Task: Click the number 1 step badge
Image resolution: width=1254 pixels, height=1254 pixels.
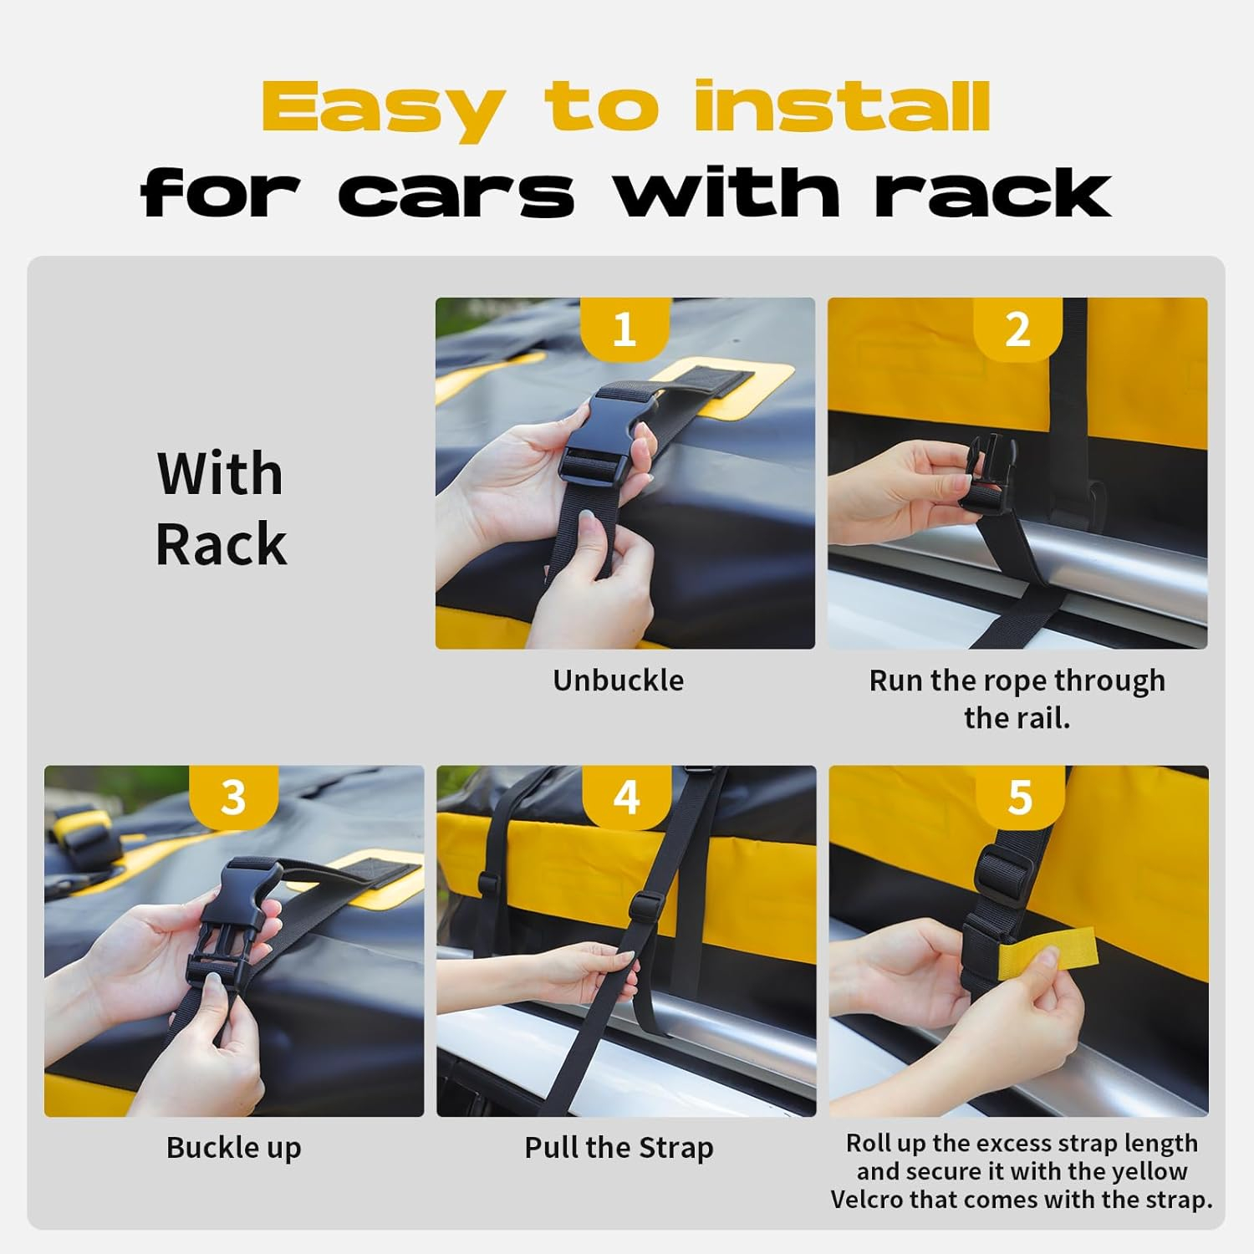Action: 624,329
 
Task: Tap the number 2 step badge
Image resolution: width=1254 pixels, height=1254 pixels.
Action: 1017,329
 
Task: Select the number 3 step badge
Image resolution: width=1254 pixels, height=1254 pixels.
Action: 233,797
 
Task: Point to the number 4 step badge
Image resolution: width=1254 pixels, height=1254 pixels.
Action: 626,797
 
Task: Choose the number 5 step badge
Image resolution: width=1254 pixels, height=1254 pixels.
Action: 1020,797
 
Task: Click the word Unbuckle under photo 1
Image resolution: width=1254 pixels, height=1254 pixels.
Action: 618,681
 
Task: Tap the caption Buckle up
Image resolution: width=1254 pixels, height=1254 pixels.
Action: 233,1148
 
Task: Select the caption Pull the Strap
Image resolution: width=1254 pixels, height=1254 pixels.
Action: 619,1148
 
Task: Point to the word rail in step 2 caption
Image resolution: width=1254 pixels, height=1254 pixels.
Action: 1047,718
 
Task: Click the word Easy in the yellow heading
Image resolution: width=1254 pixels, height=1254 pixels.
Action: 384,110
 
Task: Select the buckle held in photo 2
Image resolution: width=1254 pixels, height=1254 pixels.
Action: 986,473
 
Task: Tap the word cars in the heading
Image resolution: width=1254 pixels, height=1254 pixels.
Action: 456,193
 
